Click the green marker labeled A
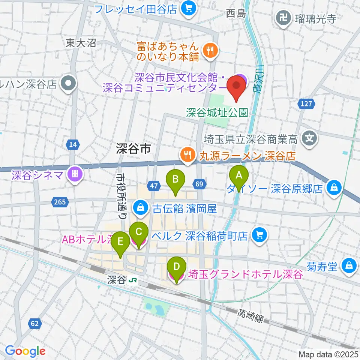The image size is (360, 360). [x=238, y=175]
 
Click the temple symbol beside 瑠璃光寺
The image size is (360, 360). [x=281, y=16]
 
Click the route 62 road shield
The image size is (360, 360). [x=34, y=323]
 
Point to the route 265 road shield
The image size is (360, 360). [x=60, y=202]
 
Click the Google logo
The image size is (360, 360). [x=25, y=351]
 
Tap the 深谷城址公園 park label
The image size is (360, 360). [x=217, y=112]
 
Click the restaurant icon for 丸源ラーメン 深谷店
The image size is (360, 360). [x=186, y=154]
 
